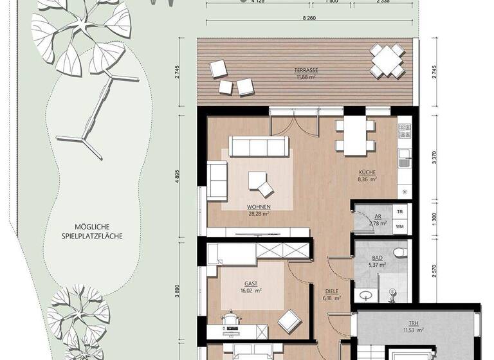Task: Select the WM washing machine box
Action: tap(399, 226)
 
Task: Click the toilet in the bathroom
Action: tap(399, 251)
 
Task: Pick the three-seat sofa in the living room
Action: tap(259, 148)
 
